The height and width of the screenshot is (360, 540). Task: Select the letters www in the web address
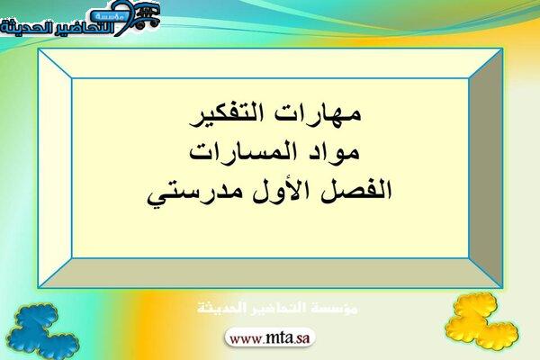coord(246,339)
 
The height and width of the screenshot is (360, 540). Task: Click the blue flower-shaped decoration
coord(42,331)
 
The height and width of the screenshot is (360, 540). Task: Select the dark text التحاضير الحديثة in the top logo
coord(57,28)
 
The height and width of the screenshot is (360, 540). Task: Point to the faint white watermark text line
coord(277,308)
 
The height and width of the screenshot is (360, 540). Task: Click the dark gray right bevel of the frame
coord(486,168)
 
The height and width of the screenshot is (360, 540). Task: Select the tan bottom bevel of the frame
coord(270,273)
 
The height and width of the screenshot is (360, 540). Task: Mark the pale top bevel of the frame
coord(270,64)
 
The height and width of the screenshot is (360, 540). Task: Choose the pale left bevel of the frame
coord(55,168)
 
